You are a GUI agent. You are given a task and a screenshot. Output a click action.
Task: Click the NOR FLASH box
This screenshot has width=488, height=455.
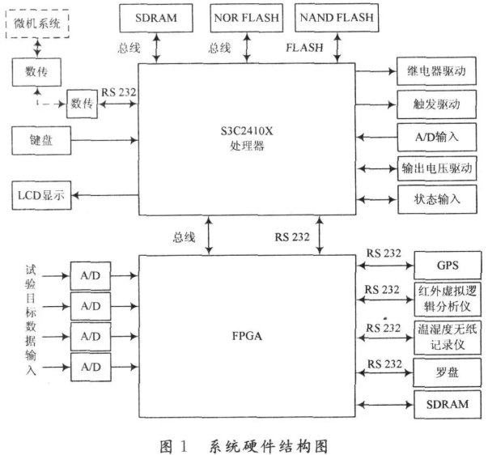(247, 18)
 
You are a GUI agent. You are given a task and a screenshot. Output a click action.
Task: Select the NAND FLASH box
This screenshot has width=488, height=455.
(337, 18)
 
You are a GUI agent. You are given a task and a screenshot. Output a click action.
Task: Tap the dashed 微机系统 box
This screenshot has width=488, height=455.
(37, 23)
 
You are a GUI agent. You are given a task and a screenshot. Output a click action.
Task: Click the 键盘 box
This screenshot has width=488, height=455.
(41, 140)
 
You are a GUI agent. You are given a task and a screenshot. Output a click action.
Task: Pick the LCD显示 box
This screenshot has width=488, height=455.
(41, 195)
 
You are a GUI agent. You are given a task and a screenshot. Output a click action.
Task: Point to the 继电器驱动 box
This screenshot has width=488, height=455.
(436, 71)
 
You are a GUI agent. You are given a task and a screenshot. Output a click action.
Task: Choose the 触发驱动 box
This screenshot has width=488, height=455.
(436, 104)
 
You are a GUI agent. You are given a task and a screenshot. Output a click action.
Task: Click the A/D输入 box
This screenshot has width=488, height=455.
(437, 137)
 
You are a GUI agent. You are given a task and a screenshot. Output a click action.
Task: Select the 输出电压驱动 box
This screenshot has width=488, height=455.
(437, 168)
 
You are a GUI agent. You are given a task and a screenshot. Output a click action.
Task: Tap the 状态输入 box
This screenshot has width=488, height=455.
(437, 199)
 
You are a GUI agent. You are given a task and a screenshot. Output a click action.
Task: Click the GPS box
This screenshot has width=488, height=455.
(448, 266)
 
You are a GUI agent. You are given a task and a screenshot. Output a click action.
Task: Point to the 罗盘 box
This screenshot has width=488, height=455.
(448, 372)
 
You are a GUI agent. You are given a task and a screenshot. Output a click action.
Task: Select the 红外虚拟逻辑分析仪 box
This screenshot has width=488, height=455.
(448, 299)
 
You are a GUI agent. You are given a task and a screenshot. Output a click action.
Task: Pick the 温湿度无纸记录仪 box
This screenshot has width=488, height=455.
(448, 338)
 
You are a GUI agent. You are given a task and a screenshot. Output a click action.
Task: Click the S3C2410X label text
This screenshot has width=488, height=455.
(247, 131)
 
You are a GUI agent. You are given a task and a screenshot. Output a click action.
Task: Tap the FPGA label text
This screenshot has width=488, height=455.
(247, 336)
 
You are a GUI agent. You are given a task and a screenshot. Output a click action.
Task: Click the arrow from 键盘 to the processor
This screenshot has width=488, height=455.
(104, 140)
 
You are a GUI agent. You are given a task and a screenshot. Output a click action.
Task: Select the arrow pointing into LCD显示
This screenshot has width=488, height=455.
(105, 195)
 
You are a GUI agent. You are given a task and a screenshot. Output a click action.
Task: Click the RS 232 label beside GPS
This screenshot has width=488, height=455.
(384, 253)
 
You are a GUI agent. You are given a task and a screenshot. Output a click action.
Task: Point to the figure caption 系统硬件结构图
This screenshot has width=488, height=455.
(268, 446)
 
